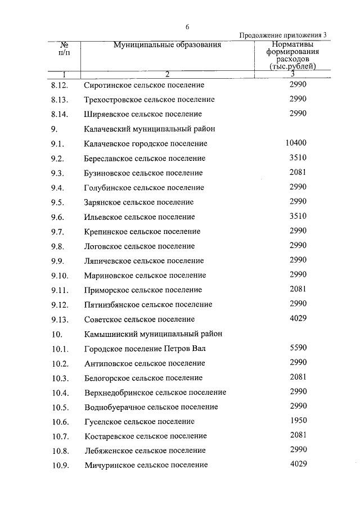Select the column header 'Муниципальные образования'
pyautogui.click(x=167, y=45)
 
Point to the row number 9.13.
pyautogui.click(x=59, y=319)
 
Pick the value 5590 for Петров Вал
pyautogui.click(x=298, y=348)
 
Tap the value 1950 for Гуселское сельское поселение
pyautogui.click(x=298, y=421)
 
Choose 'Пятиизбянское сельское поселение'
pyautogui.click(x=148, y=305)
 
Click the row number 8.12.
pyautogui.click(x=59, y=85)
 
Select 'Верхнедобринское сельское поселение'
pyautogui.click(x=155, y=392)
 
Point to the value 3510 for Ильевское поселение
pyautogui.click(x=298, y=216)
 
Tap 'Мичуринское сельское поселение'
pyautogui.click(x=146, y=465)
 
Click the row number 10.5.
pyautogui.click(x=59, y=407)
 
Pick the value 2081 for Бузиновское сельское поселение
pyautogui.click(x=298, y=173)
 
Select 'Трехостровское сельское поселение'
pyautogui.click(x=149, y=100)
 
